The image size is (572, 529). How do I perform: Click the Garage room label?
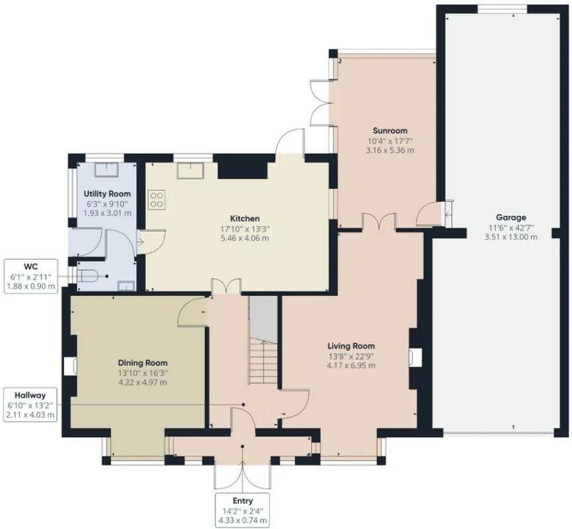click(x=511, y=218)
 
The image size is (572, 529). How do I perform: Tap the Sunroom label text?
click(x=390, y=131)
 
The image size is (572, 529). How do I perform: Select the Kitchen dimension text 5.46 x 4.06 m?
click(x=245, y=238)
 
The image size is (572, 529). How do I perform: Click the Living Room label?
click(x=351, y=346)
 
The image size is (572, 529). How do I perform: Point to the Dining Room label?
click(x=143, y=363)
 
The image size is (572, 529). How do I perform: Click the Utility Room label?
click(x=107, y=194)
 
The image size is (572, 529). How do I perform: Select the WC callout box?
click(x=31, y=276)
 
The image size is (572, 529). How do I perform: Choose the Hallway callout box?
click(x=30, y=405)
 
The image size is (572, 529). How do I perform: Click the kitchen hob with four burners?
click(x=157, y=199)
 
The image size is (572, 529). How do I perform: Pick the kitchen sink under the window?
click(x=190, y=171)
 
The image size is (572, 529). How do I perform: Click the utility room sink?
click(x=107, y=170)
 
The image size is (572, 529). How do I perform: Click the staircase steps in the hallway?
click(x=264, y=361)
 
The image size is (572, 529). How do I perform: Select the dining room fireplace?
click(x=70, y=366)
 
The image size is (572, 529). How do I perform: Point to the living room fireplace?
click(x=415, y=357)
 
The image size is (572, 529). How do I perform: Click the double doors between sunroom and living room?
click(x=379, y=221)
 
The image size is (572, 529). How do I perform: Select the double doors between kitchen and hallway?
click(x=226, y=286)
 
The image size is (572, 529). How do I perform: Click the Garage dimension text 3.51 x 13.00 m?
click(x=511, y=237)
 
